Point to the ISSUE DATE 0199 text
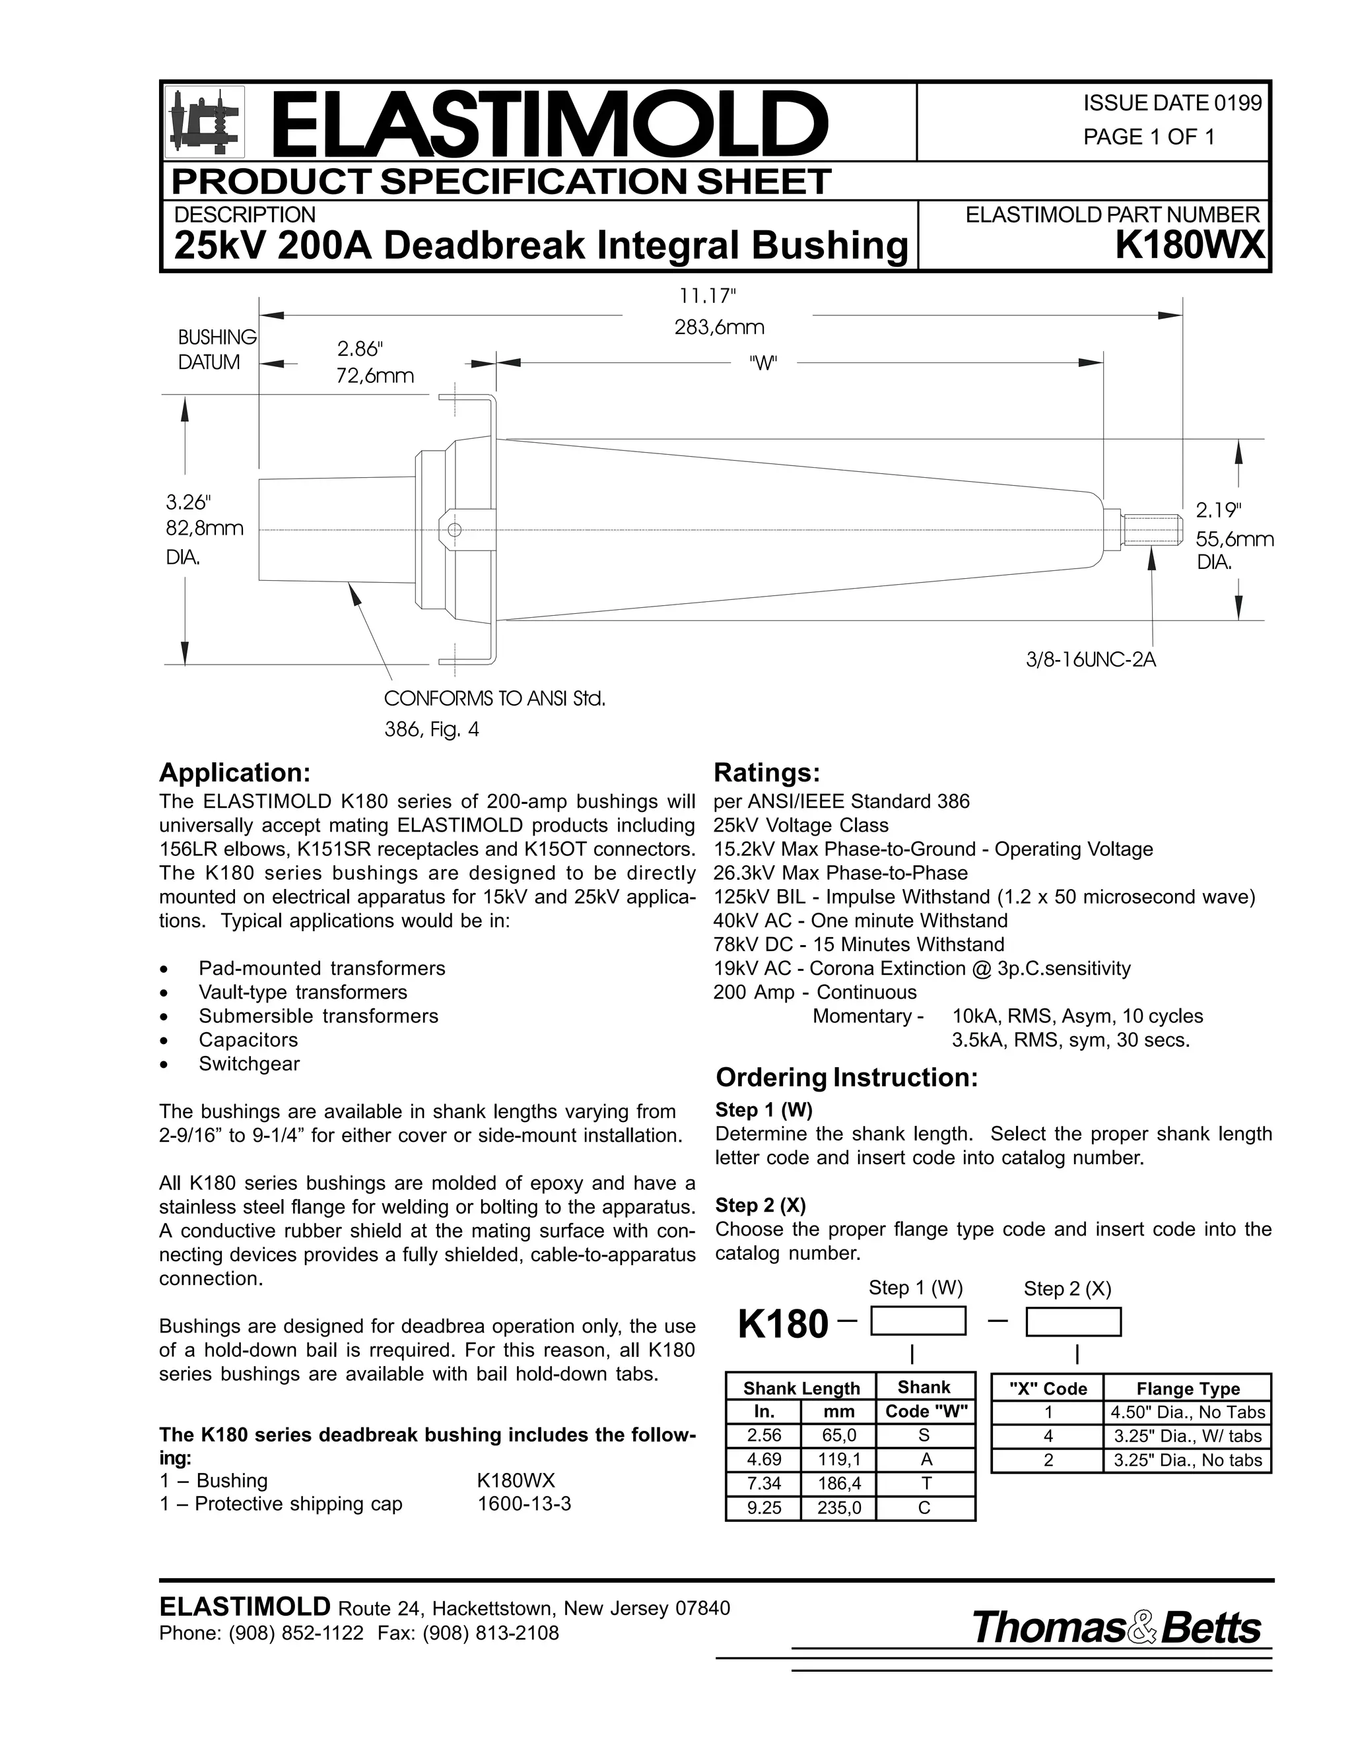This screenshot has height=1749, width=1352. [1172, 104]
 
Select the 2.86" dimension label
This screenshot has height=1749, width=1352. [360, 349]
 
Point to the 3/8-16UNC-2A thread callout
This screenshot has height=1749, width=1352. [1091, 661]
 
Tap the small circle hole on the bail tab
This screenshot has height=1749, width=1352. [455, 529]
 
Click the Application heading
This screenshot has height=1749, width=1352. [234, 773]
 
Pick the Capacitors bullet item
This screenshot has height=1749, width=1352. [248, 1040]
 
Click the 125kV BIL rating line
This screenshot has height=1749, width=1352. [984, 897]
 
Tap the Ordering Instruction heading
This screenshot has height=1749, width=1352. [846, 1078]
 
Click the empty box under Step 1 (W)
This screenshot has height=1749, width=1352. [918, 1321]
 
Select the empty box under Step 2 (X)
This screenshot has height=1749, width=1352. [1073, 1321]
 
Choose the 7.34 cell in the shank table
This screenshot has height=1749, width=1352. [763, 1483]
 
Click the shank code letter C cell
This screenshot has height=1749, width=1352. [924, 1508]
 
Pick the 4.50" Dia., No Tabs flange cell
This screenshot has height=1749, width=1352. [1187, 1412]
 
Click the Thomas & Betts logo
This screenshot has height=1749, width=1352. [1116, 1628]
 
